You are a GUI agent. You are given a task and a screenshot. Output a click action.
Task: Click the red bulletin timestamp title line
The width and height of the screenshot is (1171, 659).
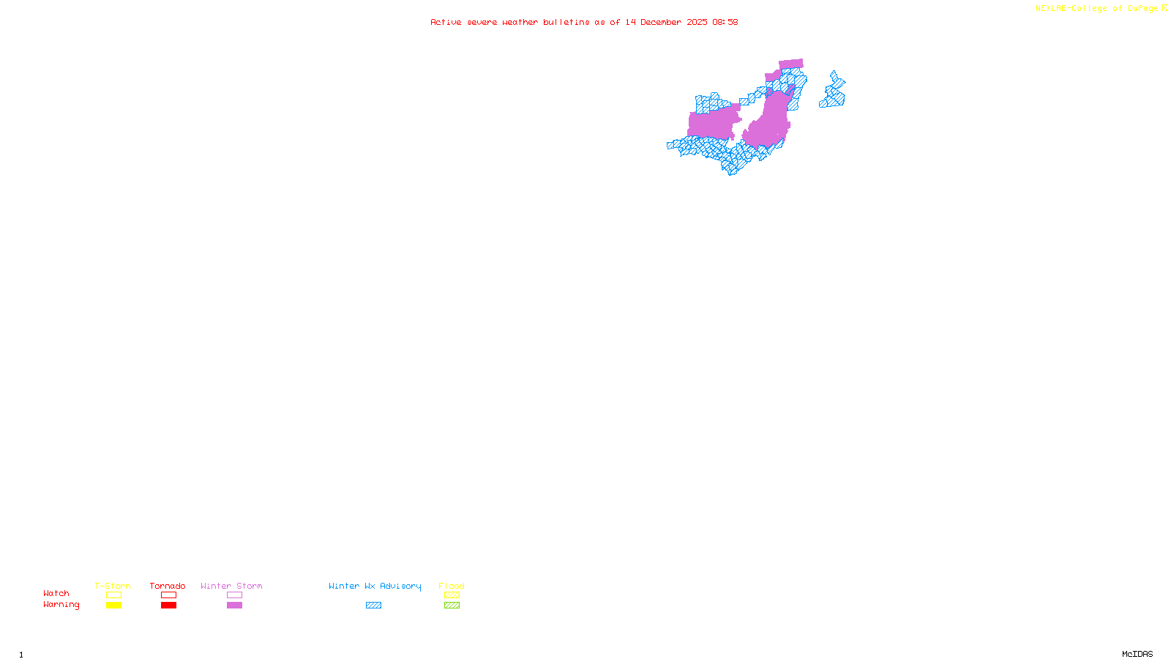[583, 22]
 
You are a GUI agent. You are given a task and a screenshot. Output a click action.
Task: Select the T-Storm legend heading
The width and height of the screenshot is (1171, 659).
[113, 586]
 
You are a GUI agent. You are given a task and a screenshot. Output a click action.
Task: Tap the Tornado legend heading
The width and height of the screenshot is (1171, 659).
[168, 586]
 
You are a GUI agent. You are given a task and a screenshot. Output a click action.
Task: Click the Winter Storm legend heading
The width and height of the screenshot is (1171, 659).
[231, 586]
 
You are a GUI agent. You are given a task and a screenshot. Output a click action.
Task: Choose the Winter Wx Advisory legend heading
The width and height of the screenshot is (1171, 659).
[375, 586]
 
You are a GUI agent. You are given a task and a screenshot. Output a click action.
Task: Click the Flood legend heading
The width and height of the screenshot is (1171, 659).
[452, 586]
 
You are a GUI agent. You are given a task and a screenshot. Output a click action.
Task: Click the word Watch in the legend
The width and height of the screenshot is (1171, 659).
[56, 594]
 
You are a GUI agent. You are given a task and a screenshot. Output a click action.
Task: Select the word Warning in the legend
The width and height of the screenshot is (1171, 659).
[61, 605]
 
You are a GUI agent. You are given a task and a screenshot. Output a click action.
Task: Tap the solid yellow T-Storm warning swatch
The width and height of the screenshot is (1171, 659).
[113, 606]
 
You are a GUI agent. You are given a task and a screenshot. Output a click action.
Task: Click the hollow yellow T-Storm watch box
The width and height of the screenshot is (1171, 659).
[113, 595]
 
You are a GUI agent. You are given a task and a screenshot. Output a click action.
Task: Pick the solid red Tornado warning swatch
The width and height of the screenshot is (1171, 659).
[168, 606]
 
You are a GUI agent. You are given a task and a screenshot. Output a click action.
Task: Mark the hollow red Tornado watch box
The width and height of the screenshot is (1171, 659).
[168, 595]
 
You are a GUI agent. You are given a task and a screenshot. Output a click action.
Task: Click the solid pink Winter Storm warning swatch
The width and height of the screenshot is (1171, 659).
[234, 606]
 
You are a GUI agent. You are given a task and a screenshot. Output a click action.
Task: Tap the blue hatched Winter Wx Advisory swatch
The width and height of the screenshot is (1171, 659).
[373, 606]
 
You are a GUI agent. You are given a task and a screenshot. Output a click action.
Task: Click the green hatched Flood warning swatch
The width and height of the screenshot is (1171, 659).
[452, 606]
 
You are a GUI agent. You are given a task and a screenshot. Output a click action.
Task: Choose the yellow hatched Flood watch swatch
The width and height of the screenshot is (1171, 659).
[452, 595]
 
